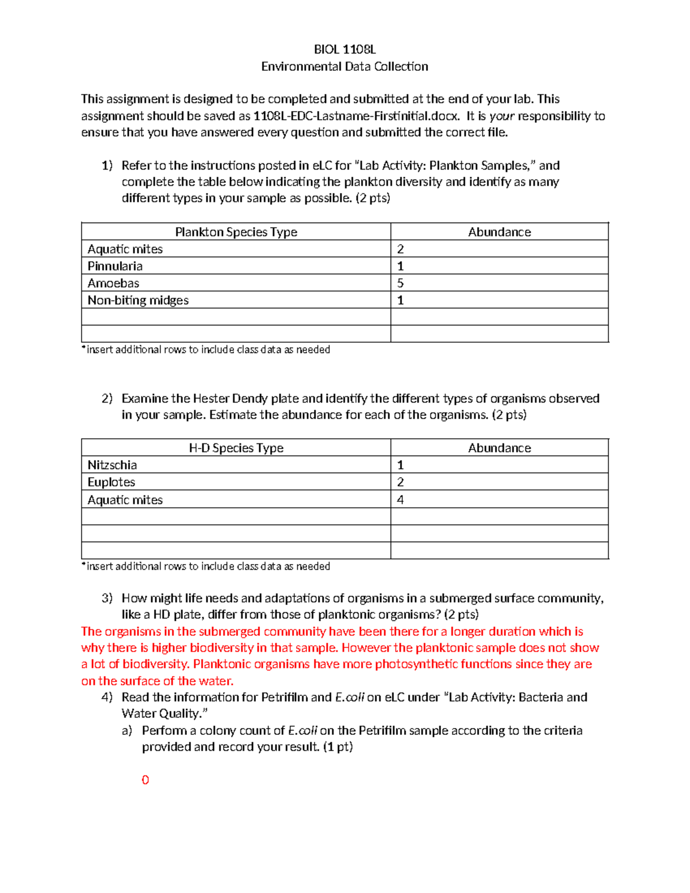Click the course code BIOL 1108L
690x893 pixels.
click(344, 49)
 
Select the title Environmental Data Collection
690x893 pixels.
click(344, 67)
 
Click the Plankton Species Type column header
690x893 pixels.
click(236, 232)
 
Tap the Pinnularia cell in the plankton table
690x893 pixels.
click(115, 266)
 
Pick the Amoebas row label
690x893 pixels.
click(113, 283)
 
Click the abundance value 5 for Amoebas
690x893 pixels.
click(400, 283)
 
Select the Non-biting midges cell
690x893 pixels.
click(138, 300)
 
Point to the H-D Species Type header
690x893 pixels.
click(236, 448)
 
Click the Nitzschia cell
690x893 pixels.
click(112, 465)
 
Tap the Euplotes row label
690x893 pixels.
click(112, 482)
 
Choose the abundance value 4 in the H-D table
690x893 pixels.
click(400, 500)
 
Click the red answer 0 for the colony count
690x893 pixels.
click(145, 780)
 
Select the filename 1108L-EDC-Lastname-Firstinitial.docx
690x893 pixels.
click(356, 116)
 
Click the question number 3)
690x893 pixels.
click(107, 599)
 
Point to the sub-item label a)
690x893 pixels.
click(127, 731)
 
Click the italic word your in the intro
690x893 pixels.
click(501, 116)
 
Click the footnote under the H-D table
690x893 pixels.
click(206, 566)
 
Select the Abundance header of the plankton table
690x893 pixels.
click(499, 232)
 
